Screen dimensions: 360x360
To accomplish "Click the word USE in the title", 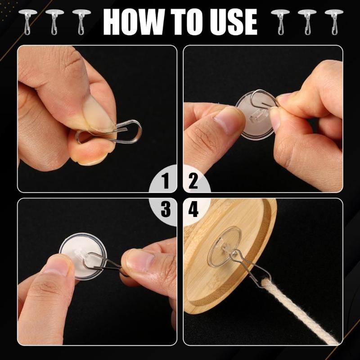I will click(x=232, y=21).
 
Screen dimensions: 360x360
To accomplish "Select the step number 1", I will click(x=165, y=182).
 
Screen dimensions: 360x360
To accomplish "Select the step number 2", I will click(x=193, y=182).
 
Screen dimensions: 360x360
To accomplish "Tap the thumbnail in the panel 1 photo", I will click(x=100, y=115).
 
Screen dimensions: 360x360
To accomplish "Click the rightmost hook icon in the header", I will click(x=333, y=20).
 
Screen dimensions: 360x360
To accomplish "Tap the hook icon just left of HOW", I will click(x=81, y=20).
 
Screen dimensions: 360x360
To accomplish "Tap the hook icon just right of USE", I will click(x=280, y=20).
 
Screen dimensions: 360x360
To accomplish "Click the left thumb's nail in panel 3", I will click(x=56, y=265).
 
